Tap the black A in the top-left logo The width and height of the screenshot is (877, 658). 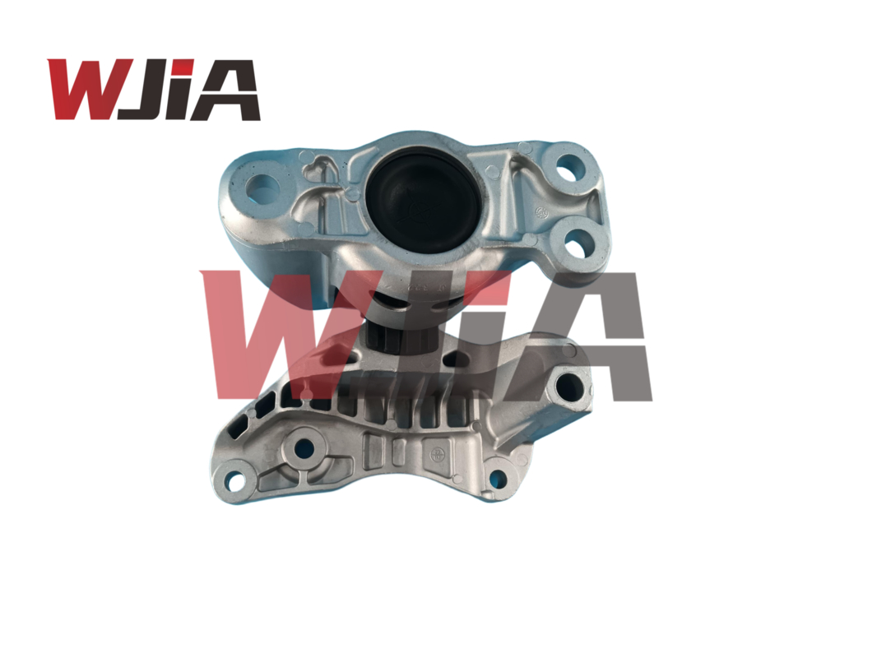tap(225, 90)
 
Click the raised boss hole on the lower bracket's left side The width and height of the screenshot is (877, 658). tap(304, 448)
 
